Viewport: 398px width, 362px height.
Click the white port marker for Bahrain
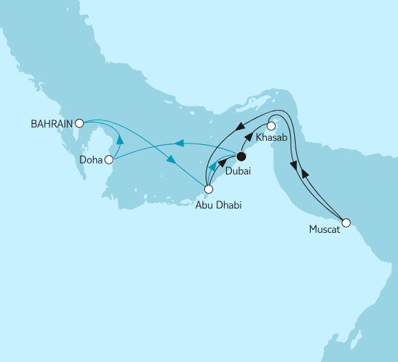(x=79, y=124)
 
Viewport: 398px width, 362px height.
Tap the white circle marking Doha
(x=108, y=159)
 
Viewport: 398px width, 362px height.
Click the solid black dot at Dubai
(x=241, y=157)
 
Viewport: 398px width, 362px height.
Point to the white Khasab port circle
(x=272, y=126)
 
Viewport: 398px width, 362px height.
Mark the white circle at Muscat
(x=346, y=223)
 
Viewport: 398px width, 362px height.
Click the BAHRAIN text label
(x=52, y=124)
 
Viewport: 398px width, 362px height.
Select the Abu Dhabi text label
(x=218, y=203)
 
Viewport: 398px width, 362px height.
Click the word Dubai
(x=238, y=172)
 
